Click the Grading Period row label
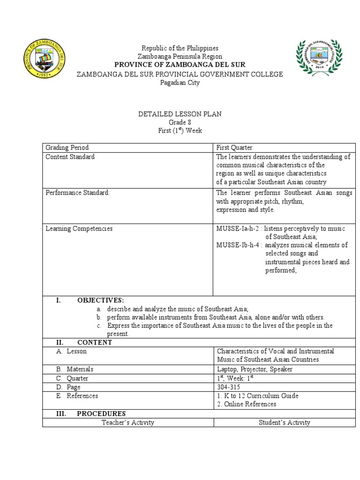point(67,148)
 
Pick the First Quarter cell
point(234,148)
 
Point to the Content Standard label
point(70,157)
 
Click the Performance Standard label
point(77,193)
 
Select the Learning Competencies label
point(79,229)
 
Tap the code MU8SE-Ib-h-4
point(239,245)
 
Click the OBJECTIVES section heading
point(100,300)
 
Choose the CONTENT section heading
point(94,342)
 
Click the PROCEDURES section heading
point(101,413)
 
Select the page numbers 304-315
point(227,387)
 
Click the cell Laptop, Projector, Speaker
point(254,369)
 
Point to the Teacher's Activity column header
point(128,422)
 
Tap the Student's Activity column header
point(285,422)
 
